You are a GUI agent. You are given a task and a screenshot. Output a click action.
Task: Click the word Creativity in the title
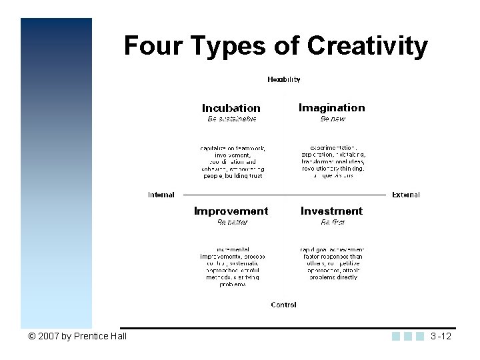click(x=367, y=46)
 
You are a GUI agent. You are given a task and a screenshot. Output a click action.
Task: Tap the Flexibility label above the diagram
click(x=284, y=79)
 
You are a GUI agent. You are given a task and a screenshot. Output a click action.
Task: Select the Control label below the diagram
click(x=283, y=305)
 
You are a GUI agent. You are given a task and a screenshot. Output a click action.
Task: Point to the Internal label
click(x=161, y=195)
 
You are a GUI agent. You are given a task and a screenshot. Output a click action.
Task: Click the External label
click(x=406, y=195)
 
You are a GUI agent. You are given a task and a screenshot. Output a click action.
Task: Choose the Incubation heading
click(x=231, y=108)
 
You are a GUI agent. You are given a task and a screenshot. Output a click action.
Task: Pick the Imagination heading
click(x=332, y=107)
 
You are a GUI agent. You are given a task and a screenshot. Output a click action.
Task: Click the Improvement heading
click(x=231, y=211)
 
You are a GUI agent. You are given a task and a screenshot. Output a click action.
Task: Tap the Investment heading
click(x=331, y=211)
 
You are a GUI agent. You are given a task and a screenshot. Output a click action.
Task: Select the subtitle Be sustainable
click(x=231, y=119)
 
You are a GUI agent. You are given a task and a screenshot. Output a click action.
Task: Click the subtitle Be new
click(x=332, y=119)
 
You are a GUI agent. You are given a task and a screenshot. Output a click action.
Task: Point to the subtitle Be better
click(x=232, y=222)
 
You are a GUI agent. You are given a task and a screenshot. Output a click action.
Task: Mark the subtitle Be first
click(x=333, y=222)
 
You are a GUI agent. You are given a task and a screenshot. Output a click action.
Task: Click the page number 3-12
click(x=441, y=336)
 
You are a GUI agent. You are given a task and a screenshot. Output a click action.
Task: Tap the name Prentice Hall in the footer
click(x=101, y=336)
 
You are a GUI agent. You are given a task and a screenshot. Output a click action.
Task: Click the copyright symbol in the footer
click(x=32, y=336)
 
